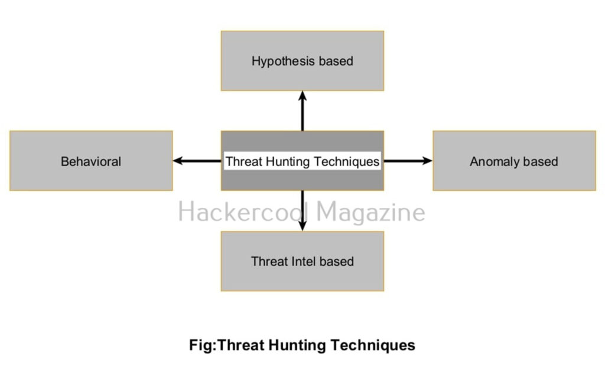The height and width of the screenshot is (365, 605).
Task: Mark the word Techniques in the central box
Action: [x=347, y=161]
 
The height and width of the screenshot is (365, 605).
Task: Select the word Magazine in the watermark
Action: [x=370, y=212]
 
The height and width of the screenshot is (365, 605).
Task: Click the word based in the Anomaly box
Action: [x=541, y=161]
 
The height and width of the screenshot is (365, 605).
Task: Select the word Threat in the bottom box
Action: [x=269, y=261]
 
